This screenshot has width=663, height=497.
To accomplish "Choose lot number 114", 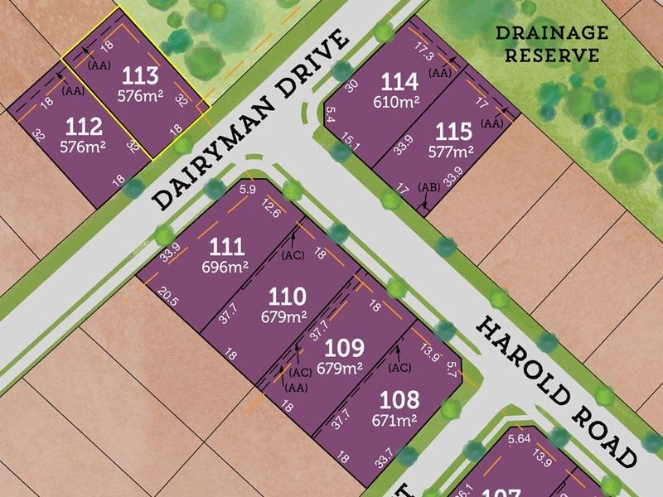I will [398, 81].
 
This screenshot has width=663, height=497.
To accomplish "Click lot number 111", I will [226, 246].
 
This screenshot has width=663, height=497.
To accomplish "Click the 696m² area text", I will [226, 267].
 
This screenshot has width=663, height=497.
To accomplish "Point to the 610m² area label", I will [398, 101].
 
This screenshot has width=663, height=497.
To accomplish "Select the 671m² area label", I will [399, 419].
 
